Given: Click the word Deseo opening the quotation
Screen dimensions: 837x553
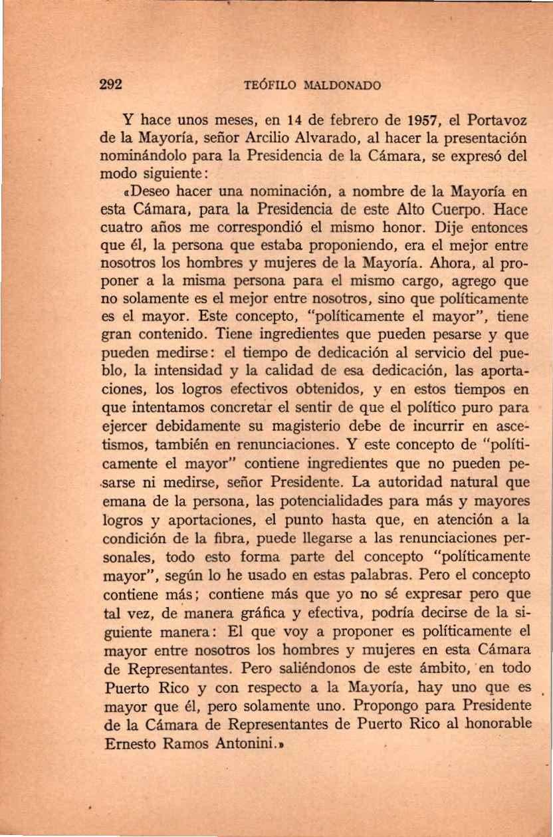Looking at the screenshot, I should coord(145,193).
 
